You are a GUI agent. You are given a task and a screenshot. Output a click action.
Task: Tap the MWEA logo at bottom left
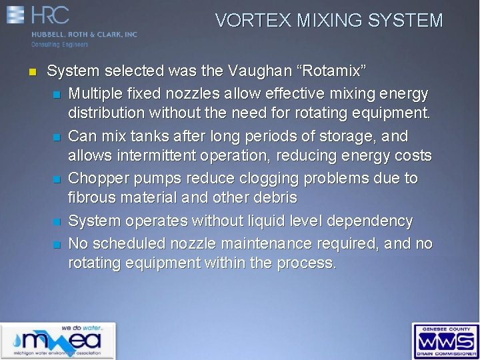click(57, 341)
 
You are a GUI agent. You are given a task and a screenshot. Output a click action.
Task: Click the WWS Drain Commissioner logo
click(445, 341)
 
